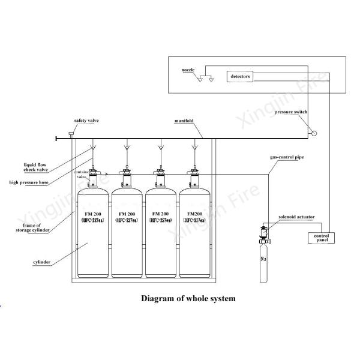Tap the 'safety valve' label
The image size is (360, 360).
tap(86, 121)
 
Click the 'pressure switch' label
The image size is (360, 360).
tap(292, 113)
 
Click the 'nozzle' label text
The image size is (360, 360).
tap(188, 70)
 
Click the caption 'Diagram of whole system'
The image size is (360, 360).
tap(187, 298)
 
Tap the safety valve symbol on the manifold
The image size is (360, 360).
tap(70, 133)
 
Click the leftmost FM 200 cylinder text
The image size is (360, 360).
tap(94, 216)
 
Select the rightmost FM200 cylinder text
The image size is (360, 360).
tap(196, 216)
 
